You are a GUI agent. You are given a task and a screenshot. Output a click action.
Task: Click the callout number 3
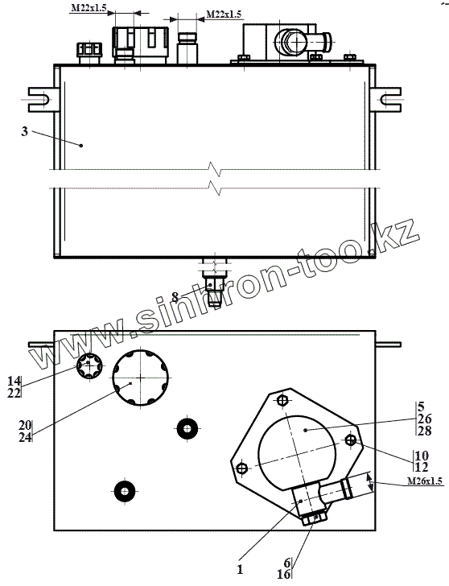(x=25, y=131)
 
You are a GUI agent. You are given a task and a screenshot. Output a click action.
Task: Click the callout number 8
(x=175, y=297)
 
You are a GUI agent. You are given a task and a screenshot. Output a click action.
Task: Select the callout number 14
(x=14, y=381)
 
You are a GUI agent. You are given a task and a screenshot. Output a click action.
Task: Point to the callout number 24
(x=26, y=437)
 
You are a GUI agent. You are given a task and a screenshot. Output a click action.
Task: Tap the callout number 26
(x=425, y=419)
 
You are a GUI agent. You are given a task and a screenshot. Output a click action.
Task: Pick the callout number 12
(x=422, y=467)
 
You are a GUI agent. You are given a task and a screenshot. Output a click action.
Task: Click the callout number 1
(x=240, y=569)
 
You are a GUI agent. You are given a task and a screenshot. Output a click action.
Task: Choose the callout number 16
(x=284, y=574)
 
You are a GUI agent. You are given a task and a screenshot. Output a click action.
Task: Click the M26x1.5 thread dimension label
(x=425, y=481)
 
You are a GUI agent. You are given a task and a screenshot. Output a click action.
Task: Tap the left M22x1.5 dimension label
(x=89, y=8)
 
